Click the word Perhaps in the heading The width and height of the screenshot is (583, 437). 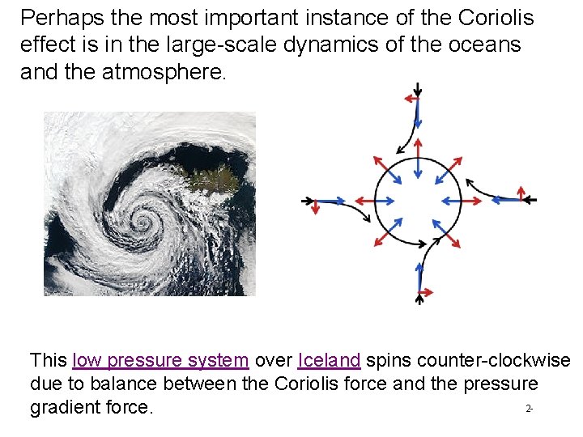53,18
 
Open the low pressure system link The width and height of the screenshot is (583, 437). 160,360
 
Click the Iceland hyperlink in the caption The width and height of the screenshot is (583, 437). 329,360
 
